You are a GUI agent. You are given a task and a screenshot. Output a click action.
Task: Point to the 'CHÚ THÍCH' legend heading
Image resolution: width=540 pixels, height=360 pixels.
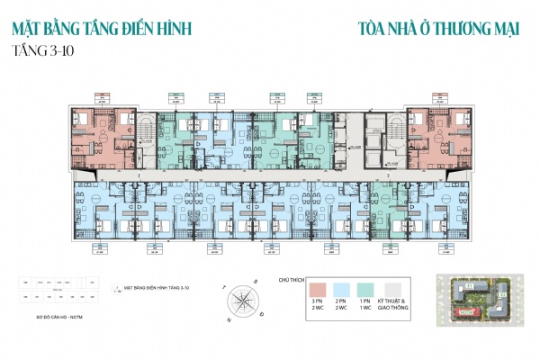[292, 280]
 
